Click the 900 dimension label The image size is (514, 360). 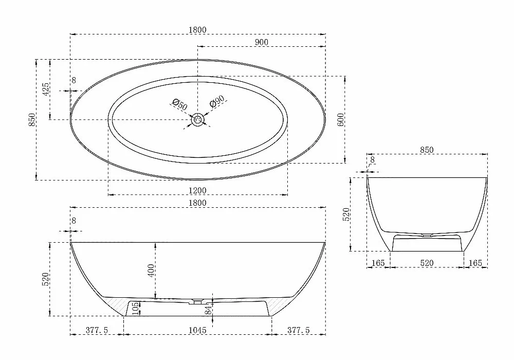261,42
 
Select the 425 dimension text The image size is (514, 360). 46,89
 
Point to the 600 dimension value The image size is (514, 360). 341,120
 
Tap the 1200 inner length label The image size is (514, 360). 198,190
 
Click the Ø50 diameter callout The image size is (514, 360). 180,104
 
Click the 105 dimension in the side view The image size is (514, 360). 136,309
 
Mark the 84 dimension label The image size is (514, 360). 209,310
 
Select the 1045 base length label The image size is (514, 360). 198,330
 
